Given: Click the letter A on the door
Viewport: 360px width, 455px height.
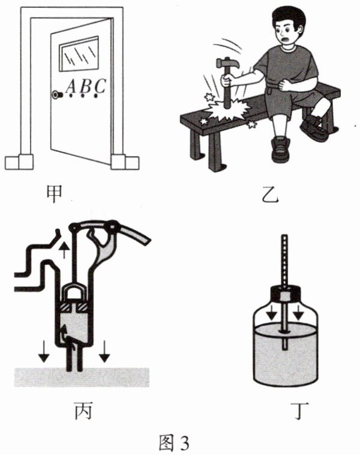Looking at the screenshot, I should [71, 88].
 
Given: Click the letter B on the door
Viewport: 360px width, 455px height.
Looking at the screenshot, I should [86, 87].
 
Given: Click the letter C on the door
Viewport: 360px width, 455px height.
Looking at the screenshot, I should [100, 86].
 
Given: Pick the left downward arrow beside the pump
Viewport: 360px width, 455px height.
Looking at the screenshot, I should [43, 353].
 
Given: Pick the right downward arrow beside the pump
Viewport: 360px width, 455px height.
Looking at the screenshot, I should [105, 353].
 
